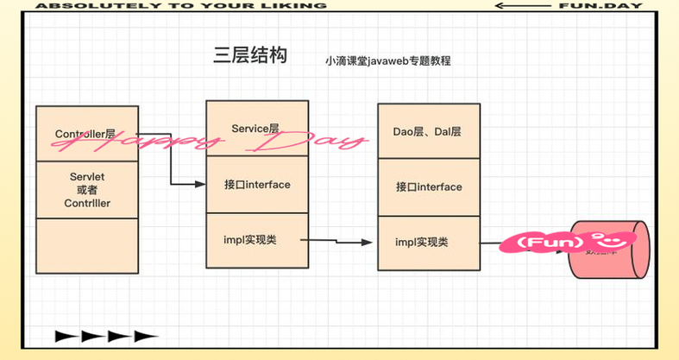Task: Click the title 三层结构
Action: [x=250, y=56]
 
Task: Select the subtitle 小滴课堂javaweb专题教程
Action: [x=388, y=61]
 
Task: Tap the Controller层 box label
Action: [x=86, y=134]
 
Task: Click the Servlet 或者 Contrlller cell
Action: [x=86, y=190]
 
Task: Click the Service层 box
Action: [x=256, y=128]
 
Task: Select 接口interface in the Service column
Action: [x=256, y=185]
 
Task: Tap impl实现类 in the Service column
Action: [x=256, y=239]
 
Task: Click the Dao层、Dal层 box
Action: [x=427, y=131]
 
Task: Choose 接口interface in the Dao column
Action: [x=428, y=186]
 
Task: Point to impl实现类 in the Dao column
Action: [x=428, y=243]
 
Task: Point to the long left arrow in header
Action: [x=523, y=5]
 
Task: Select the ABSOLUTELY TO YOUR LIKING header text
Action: [x=181, y=5]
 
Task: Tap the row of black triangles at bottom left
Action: [x=106, y=336]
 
